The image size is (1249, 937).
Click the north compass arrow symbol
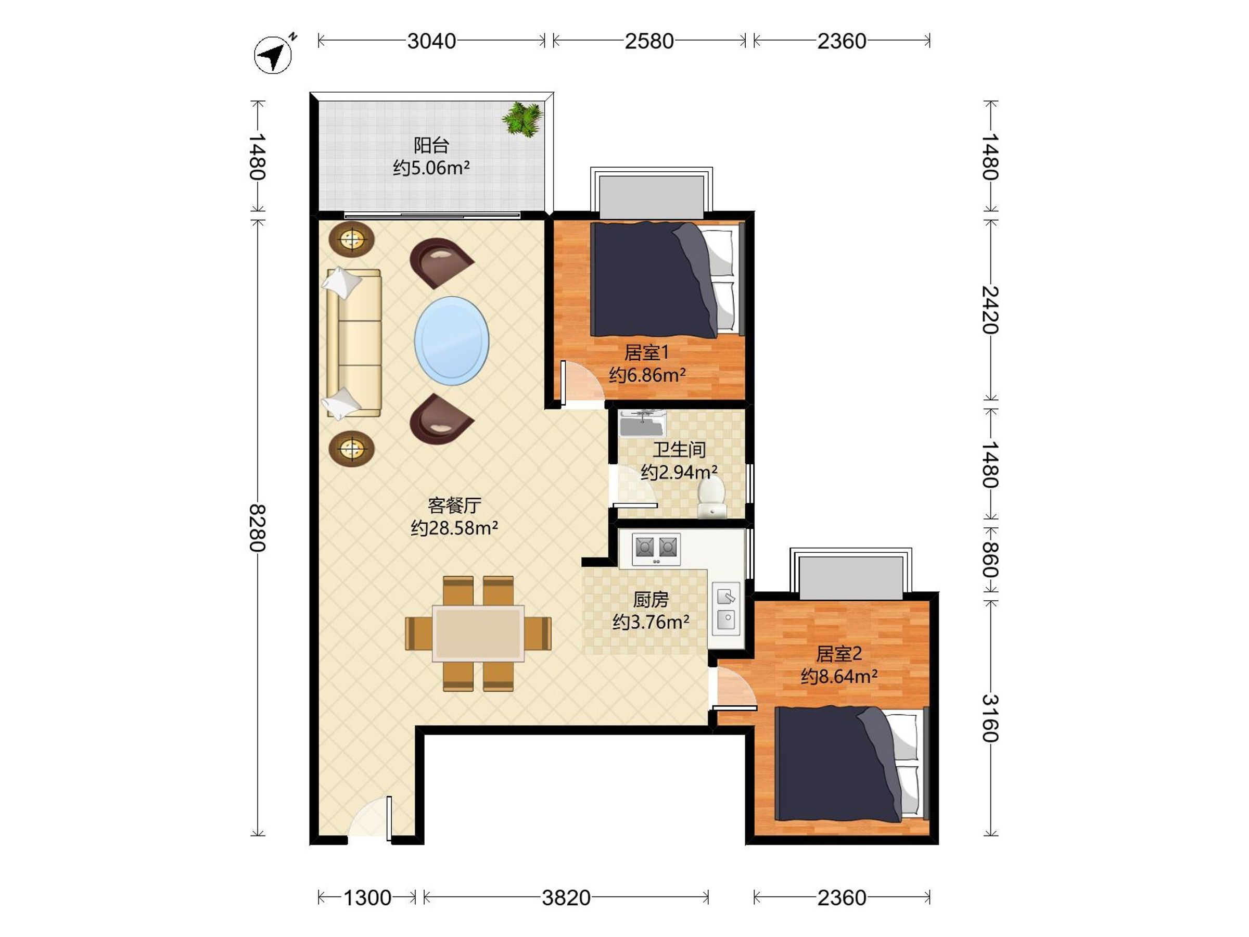tap(273, 55)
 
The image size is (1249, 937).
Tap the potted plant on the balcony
tap(522, 119)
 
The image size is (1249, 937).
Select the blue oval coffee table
tap(452, 340)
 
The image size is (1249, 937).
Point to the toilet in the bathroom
tap(711, 497)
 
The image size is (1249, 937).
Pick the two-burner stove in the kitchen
tap(656, 547)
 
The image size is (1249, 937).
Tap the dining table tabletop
tap(478, 633)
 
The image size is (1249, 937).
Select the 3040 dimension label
tap(432, 41)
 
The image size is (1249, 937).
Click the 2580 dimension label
tap(649, 41)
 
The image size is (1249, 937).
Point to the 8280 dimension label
tap(258, 527)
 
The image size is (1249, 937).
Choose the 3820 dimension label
tap(566, 898)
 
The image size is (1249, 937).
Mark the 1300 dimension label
tap(367, 898)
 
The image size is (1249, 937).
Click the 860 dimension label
tap(990, 560)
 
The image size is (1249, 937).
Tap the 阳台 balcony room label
tap(431, 145)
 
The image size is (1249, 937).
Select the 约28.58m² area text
tap(454, 528)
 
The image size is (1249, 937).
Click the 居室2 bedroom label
tap(839, 654)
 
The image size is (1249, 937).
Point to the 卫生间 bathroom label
tap(679, 450)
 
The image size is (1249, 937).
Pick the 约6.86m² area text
tap(647, 374)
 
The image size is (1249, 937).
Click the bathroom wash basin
tap(643, 424)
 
